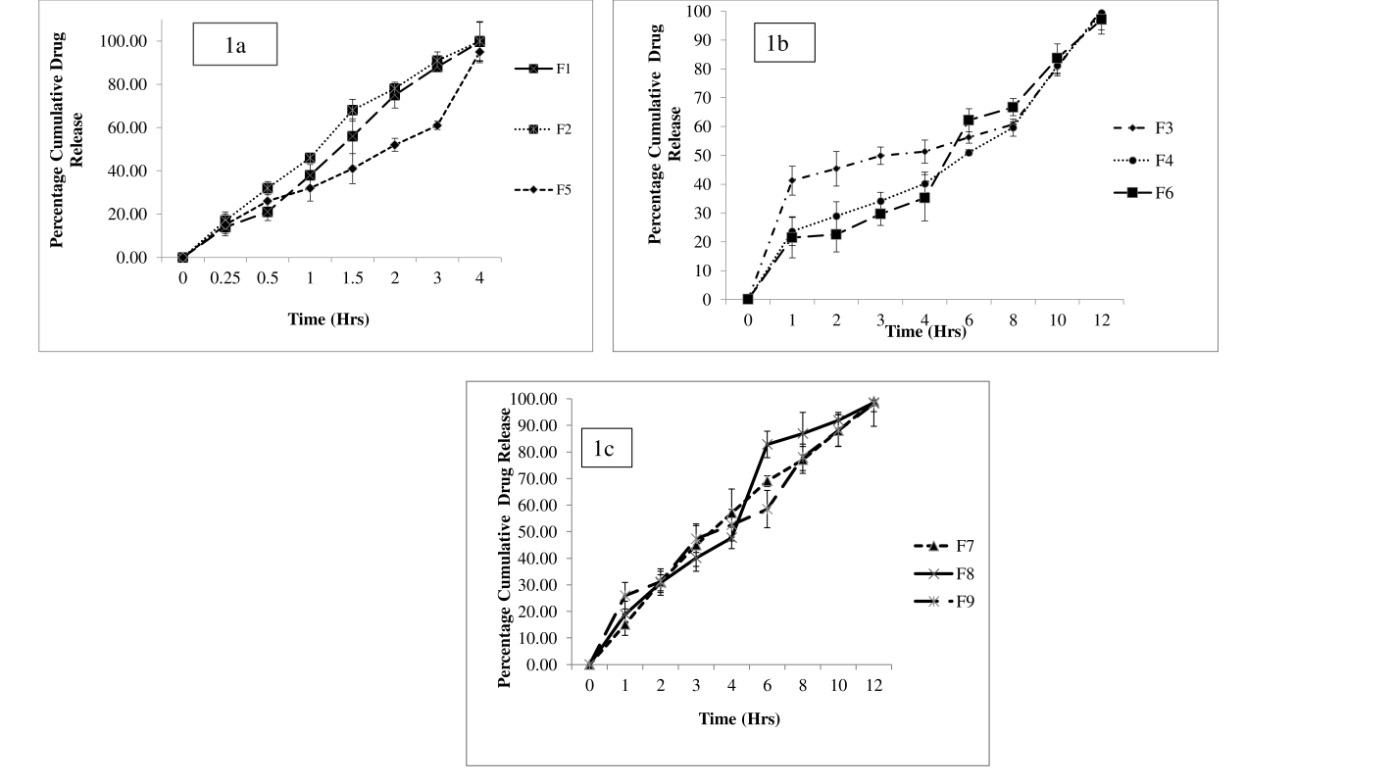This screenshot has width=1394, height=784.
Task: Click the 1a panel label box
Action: click(235, 45)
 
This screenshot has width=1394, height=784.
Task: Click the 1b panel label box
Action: click(784, 45)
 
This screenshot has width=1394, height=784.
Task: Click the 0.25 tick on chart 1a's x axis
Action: click(224, 278)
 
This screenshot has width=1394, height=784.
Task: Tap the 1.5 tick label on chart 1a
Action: click(352, 278)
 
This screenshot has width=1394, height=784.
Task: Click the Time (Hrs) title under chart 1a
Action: click(327, 318)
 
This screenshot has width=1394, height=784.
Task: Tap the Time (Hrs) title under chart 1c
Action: click(739, 719)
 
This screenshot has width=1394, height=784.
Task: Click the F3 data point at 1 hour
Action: click(792, 179)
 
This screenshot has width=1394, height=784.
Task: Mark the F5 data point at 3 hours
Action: click(437, 125)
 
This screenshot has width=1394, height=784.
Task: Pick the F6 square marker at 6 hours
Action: click(969, 120)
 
